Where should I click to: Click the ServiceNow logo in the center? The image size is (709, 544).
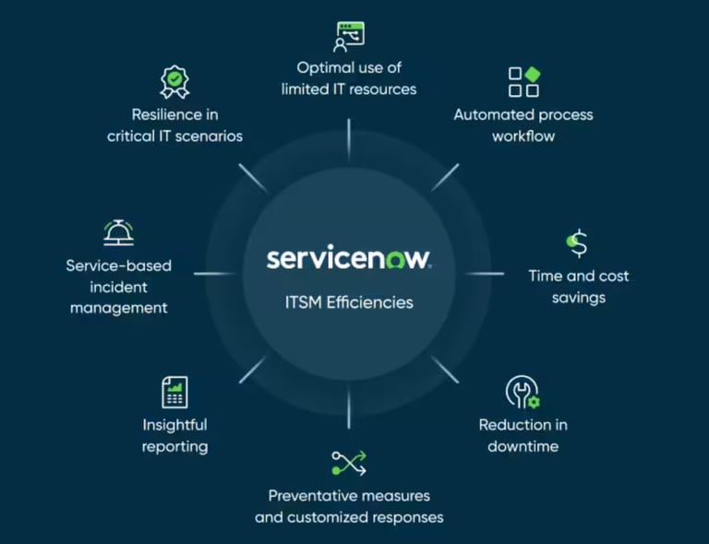[348, 258]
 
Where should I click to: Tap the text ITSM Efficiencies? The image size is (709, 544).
[348, 302]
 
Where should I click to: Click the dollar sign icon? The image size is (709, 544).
[577, 243]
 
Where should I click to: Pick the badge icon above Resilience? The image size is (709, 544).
[174, 82]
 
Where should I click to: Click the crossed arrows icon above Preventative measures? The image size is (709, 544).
[348, 462]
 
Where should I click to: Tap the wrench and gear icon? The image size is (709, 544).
[523, 392]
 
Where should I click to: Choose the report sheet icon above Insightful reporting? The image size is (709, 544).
[174, 392]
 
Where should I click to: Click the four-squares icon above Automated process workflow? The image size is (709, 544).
[523, 82]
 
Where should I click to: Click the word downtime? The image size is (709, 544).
[523, 447]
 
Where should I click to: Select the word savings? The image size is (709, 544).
[578, 298]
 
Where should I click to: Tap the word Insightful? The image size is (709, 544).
[174, 425]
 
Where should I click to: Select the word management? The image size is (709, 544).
[119, 308]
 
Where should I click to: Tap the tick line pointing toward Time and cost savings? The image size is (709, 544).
[484, 273]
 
